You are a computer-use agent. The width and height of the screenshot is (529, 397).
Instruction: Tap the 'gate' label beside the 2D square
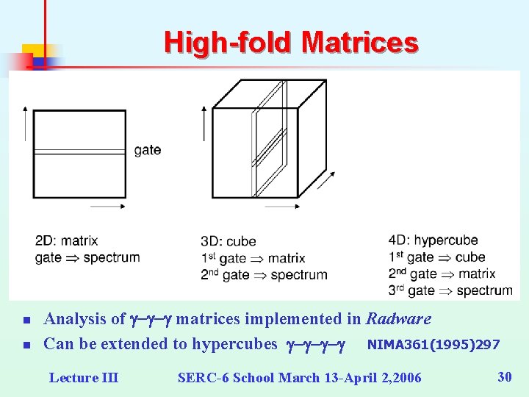(x=148, y=150)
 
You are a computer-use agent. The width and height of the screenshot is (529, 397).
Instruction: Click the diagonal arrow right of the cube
(x=328, y=180)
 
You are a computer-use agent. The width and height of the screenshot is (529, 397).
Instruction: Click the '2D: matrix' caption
(x=66, y=240)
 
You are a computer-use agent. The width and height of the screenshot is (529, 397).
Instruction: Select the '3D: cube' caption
(x=228, y=242)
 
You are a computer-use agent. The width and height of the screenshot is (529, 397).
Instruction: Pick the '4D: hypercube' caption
(x=433, y=240)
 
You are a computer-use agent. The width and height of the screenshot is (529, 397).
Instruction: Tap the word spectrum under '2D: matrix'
(x=112, y=257)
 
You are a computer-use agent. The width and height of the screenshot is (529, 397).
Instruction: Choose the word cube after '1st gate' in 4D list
(x=470, y=257)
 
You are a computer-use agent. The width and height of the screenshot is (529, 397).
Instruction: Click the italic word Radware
(x=398, y=319)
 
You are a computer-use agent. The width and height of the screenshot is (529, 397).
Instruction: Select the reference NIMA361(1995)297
(x=433, y=344)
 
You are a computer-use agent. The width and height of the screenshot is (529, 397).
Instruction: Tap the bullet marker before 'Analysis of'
(x=25, y=321)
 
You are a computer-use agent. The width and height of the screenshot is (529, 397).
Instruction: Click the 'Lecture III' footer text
(x=83, y=378)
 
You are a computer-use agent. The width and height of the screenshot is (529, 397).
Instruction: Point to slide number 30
(x=504, y=377)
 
